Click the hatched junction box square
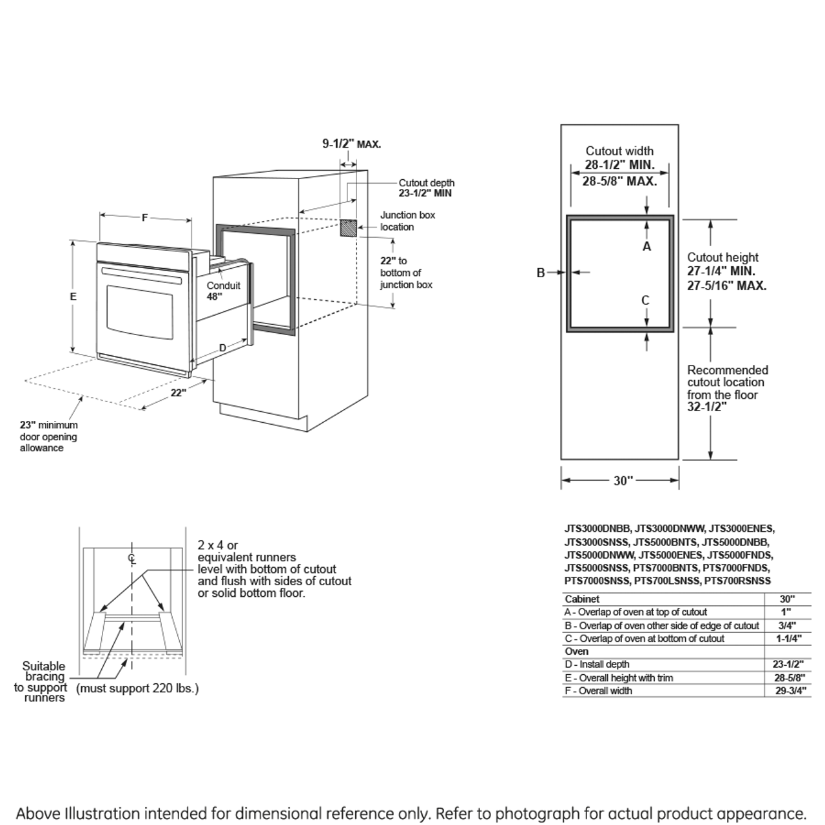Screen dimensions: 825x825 348,228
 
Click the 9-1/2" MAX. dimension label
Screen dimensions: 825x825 351,144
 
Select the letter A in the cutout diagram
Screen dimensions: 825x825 647,246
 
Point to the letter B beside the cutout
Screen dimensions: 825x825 541,273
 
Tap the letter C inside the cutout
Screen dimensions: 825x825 645,300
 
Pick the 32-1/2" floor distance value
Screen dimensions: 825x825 706,407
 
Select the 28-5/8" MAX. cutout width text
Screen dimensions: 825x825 619,181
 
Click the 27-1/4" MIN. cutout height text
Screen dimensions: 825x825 721,272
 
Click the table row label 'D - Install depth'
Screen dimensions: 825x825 597,665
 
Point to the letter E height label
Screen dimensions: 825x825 73,296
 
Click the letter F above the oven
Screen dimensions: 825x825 144,218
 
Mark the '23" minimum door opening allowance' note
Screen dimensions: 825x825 48,436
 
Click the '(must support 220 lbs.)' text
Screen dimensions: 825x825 137,688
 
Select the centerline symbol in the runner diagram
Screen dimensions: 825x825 131,558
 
